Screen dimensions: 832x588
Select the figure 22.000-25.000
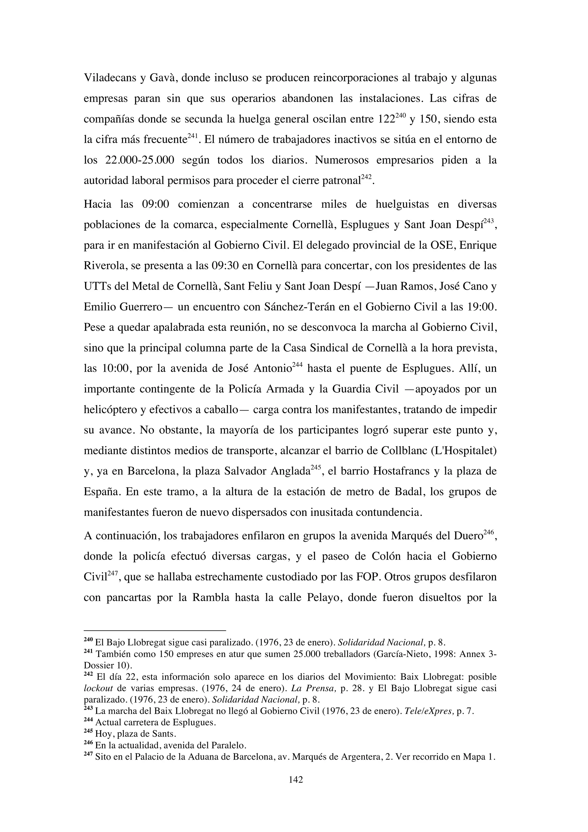140,160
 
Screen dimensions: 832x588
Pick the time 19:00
481,307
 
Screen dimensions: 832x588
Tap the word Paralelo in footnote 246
230,746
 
